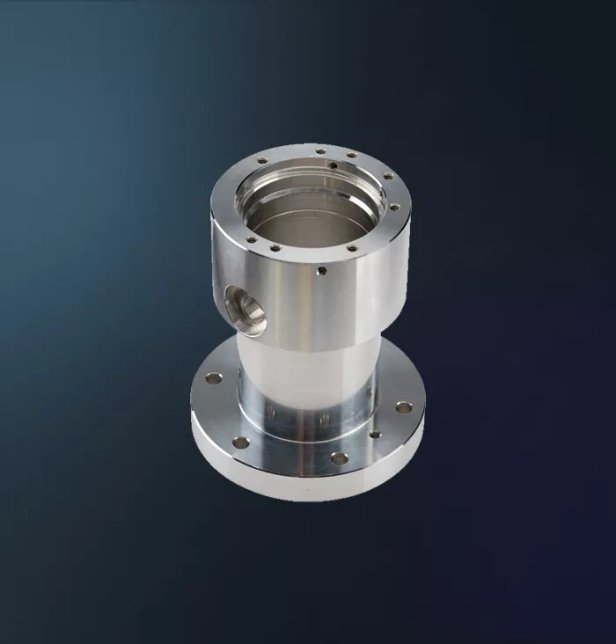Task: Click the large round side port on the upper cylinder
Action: (x=247, y=312)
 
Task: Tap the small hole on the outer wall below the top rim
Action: (x=322, y=271)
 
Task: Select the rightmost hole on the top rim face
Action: (x=394, y=208)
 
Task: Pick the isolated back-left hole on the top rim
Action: (x=262, y=160)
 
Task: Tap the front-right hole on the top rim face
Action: (x=352, y=248)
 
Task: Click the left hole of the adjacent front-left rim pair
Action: (x=252, y=238)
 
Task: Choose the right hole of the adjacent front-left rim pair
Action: (x=275, y=248)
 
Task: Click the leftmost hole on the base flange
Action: (x=214, y=378)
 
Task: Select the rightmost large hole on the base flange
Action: (x=404, y=406)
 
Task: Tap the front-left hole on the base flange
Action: (x=240, y=443)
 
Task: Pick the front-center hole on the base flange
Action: (x=339, y=457)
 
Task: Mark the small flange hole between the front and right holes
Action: (x=375, y=434)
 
